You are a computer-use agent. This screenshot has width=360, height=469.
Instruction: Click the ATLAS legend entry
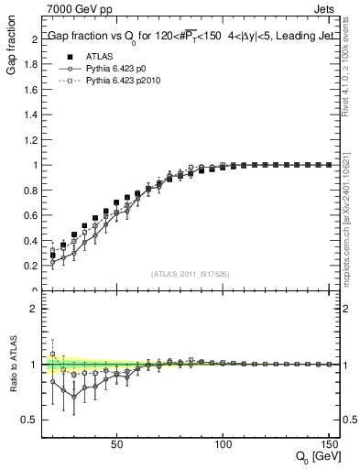99,57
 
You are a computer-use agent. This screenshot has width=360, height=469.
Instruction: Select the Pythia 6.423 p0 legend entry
118,69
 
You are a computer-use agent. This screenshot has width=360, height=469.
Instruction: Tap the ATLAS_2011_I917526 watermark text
190,274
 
